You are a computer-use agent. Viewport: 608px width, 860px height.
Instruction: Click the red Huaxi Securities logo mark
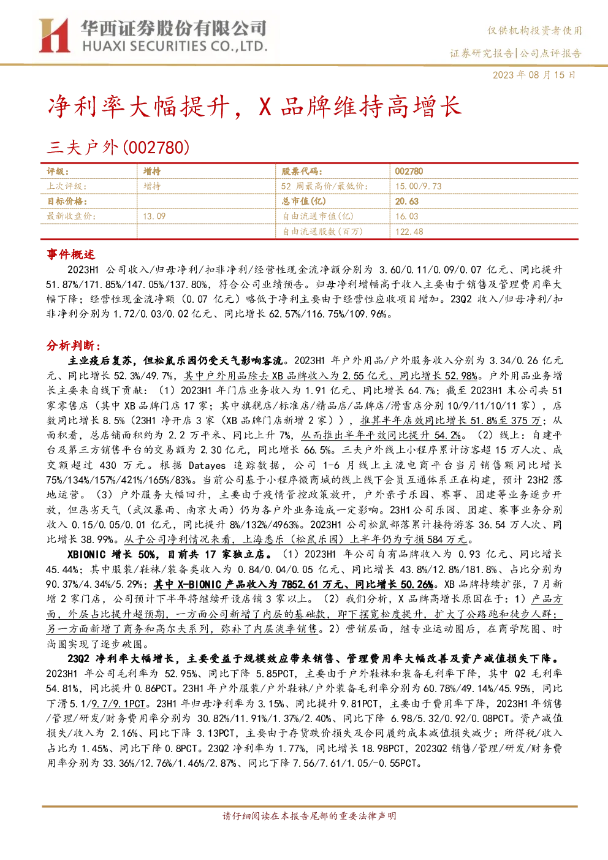pos(55,35)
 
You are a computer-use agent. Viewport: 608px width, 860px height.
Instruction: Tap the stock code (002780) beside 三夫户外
pos(156,147)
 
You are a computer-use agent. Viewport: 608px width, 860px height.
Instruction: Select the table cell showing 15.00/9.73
pos(418,186)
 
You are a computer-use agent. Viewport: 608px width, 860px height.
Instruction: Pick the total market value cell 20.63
pos(407,201)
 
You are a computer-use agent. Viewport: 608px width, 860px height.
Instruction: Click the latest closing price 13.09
pos(154,216)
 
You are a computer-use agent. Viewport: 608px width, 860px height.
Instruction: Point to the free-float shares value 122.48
pos(409,232)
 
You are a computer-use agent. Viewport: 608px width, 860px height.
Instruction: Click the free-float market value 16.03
pos(407,216)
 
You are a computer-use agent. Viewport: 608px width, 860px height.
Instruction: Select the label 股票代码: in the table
pos(302,171)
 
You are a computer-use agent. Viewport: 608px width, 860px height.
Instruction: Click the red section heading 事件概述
pos(70,254)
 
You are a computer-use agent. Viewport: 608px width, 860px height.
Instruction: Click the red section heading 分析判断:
pos(74,346)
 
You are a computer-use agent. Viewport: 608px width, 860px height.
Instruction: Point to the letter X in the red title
pos(265,106)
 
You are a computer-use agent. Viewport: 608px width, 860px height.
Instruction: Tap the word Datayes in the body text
pos(207,465)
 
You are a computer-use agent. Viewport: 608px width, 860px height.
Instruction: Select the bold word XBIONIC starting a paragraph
pos(86,554)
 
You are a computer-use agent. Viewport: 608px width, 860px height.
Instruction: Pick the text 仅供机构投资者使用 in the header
pos(534,30)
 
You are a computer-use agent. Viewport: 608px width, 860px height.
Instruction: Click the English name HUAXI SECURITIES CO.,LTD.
pos(175,47)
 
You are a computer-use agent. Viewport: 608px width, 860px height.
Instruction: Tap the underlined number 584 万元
pos(447,539)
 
